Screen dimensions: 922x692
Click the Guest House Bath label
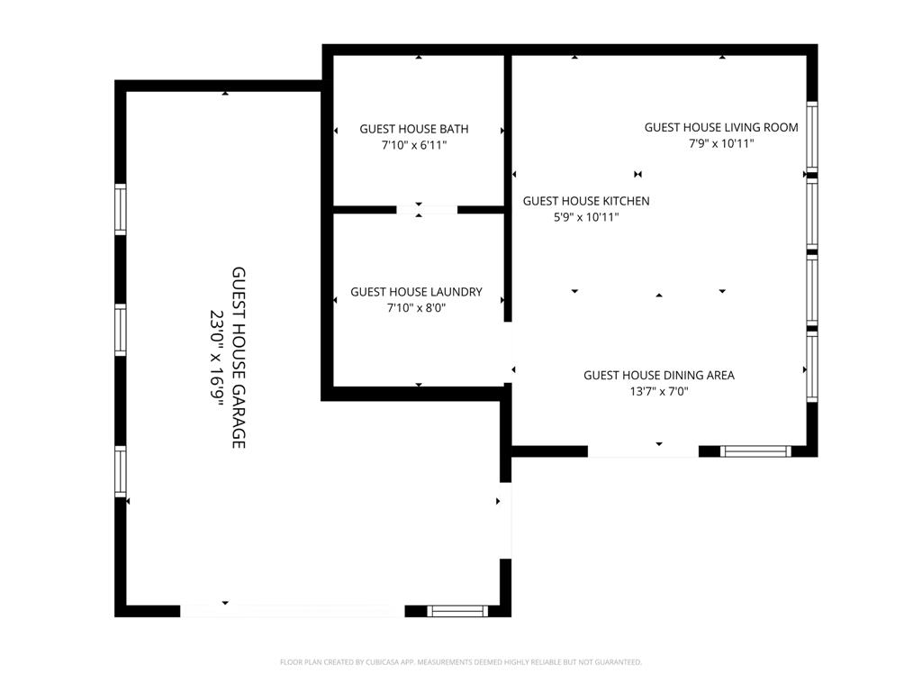[414, 129]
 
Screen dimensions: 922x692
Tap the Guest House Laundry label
[416, 292]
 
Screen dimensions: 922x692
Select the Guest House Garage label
[238, 358]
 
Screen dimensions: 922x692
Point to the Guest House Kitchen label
[586, 201]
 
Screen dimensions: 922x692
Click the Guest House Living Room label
[721, 127]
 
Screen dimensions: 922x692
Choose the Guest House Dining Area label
[659, 376]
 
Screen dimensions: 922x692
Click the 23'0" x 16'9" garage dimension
[218, 358]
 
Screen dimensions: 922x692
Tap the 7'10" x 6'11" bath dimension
[414, 145]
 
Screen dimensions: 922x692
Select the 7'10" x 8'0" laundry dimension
[416, 308]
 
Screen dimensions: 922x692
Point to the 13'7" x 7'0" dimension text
[659, 391]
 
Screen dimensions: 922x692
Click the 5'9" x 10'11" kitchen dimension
[586, 217]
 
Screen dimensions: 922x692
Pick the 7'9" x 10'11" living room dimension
[721, 143]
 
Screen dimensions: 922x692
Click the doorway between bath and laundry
[427, 210]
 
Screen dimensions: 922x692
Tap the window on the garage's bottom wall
[457, 611]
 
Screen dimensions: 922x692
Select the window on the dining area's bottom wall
[755, 451]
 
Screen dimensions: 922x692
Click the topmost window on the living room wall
[812, 137]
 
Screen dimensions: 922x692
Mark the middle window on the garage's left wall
[121, 330]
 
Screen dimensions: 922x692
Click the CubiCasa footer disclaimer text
[461, 662]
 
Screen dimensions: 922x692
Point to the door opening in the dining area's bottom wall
[643, 451]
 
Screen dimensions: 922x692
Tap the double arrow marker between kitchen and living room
[638, 174]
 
